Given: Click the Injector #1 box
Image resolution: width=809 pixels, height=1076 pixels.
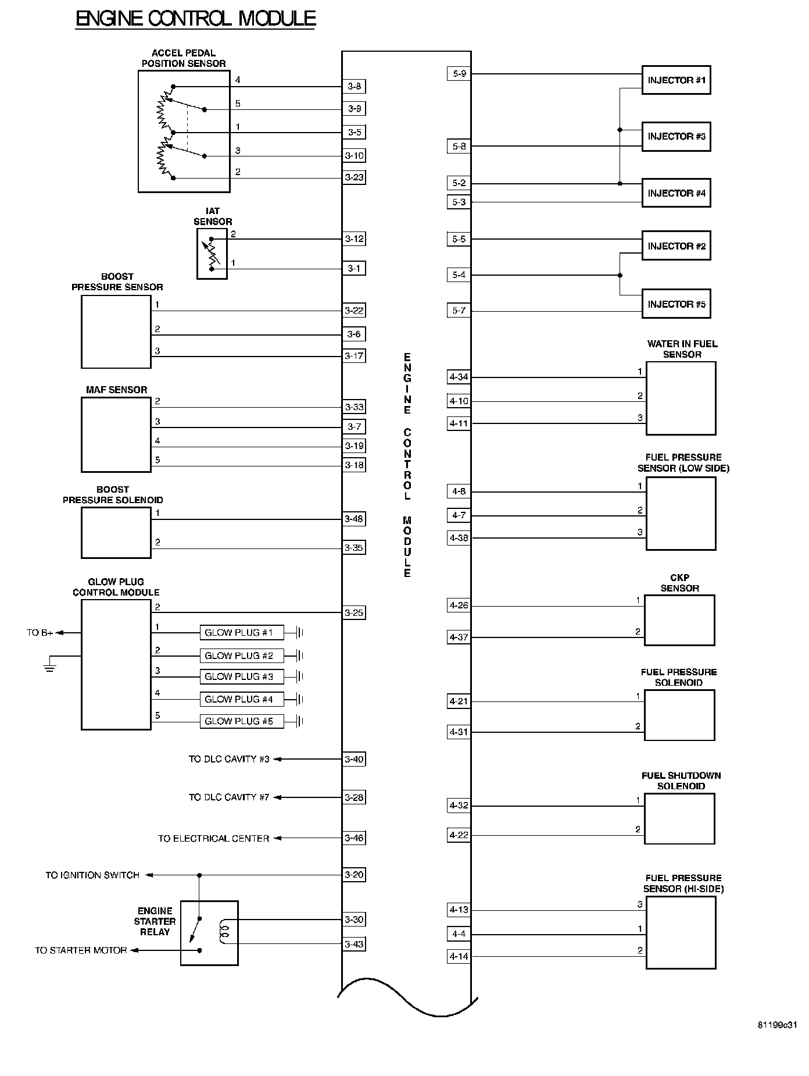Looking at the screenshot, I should [x=676, y=80].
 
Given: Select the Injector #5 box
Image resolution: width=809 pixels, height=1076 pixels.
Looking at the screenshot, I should [x=676, y=304].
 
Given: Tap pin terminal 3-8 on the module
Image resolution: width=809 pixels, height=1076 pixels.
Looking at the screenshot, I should [x=354, y=87].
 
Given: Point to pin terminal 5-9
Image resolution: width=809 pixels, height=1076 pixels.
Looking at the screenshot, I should [x=459, y=74].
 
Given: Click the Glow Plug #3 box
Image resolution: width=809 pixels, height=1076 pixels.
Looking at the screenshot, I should [x=241, y=676].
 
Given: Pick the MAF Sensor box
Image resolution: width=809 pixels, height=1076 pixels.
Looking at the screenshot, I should [x=116, y=434].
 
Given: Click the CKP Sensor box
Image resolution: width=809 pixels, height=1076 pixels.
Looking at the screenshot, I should [x=679, y=620].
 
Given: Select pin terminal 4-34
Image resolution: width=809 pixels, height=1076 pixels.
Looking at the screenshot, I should [x=459, y=377].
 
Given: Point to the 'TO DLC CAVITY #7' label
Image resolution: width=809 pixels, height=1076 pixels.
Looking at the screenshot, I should [x=229, y=797].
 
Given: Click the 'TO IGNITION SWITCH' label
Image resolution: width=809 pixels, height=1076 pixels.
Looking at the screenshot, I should [x=92, y=875].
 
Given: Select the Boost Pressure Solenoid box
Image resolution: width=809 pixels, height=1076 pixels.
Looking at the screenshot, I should [x=116, y=533].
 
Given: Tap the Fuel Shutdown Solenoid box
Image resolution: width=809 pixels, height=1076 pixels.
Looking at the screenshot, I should [x=679, y=818].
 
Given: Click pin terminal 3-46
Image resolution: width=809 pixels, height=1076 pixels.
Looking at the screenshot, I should [x=354, y=838].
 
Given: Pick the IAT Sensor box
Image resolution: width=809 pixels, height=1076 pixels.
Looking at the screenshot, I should [x=212, y=254].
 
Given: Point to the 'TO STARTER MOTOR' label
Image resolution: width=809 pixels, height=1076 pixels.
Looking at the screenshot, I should [x=81, y=950].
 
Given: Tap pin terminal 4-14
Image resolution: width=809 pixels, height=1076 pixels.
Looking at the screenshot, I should [x=459, y=956].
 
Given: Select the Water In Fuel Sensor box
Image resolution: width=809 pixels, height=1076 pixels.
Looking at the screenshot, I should [x=681, y=398].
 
